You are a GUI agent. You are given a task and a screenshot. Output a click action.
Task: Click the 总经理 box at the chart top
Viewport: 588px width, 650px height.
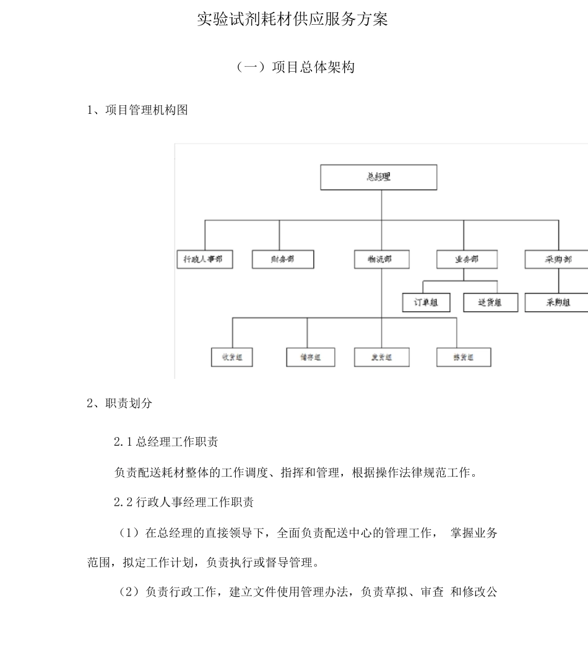pyautogui.click(x=378, y=177)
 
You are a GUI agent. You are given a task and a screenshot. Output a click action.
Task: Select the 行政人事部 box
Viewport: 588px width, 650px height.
pyautogui.click(x=204, y=259)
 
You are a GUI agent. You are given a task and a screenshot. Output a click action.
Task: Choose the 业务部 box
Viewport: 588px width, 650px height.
pyautogui.click(x=466, y=259)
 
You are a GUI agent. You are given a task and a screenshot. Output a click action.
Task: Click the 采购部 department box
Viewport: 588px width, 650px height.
pyautogui.click(x=556, y=259)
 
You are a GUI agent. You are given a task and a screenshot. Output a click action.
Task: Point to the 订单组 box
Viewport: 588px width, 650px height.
pyautogui.click(x=426, y=303)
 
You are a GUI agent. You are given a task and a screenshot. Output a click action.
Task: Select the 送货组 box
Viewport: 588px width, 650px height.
pyautogui.click(x=490, y=303)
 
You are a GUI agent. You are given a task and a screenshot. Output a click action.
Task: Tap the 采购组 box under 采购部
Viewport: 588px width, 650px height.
pyautogui.click(x=556, y=303)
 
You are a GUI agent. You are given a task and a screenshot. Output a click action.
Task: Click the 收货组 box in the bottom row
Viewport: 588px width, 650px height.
pyautogui.click(x=232, y=357)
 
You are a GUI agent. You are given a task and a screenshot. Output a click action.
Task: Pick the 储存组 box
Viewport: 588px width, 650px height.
pyautogui.click(x=311, y=357)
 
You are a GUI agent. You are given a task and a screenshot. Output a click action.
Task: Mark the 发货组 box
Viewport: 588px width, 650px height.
pyautogui.click(x=382, y=357)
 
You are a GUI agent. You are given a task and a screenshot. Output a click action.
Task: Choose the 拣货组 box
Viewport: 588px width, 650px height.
pyautogui.click(x=464, y=357)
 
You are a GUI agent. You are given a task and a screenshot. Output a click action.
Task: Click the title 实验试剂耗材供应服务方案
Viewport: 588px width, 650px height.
pyautogui.click(x=292, y=20)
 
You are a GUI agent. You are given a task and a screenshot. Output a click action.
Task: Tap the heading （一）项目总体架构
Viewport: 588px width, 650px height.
pyautogui.click(x=296, y=67)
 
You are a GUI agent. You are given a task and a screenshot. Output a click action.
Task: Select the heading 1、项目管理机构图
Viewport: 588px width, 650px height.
pyautogui.click(x=138, y=110)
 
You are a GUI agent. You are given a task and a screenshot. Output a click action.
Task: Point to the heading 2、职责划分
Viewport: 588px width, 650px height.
pyautogui.click(x=119, y=403)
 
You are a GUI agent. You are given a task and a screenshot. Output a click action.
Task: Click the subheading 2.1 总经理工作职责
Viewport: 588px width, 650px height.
pyautogui.click(x=165, y=442)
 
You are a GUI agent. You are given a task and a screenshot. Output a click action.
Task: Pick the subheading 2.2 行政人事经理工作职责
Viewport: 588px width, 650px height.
pyautogui.click(x=183, y=502)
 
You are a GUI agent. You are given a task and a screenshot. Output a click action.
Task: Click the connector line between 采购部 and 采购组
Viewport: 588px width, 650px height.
pyautogui.click(x=558, y=281)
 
